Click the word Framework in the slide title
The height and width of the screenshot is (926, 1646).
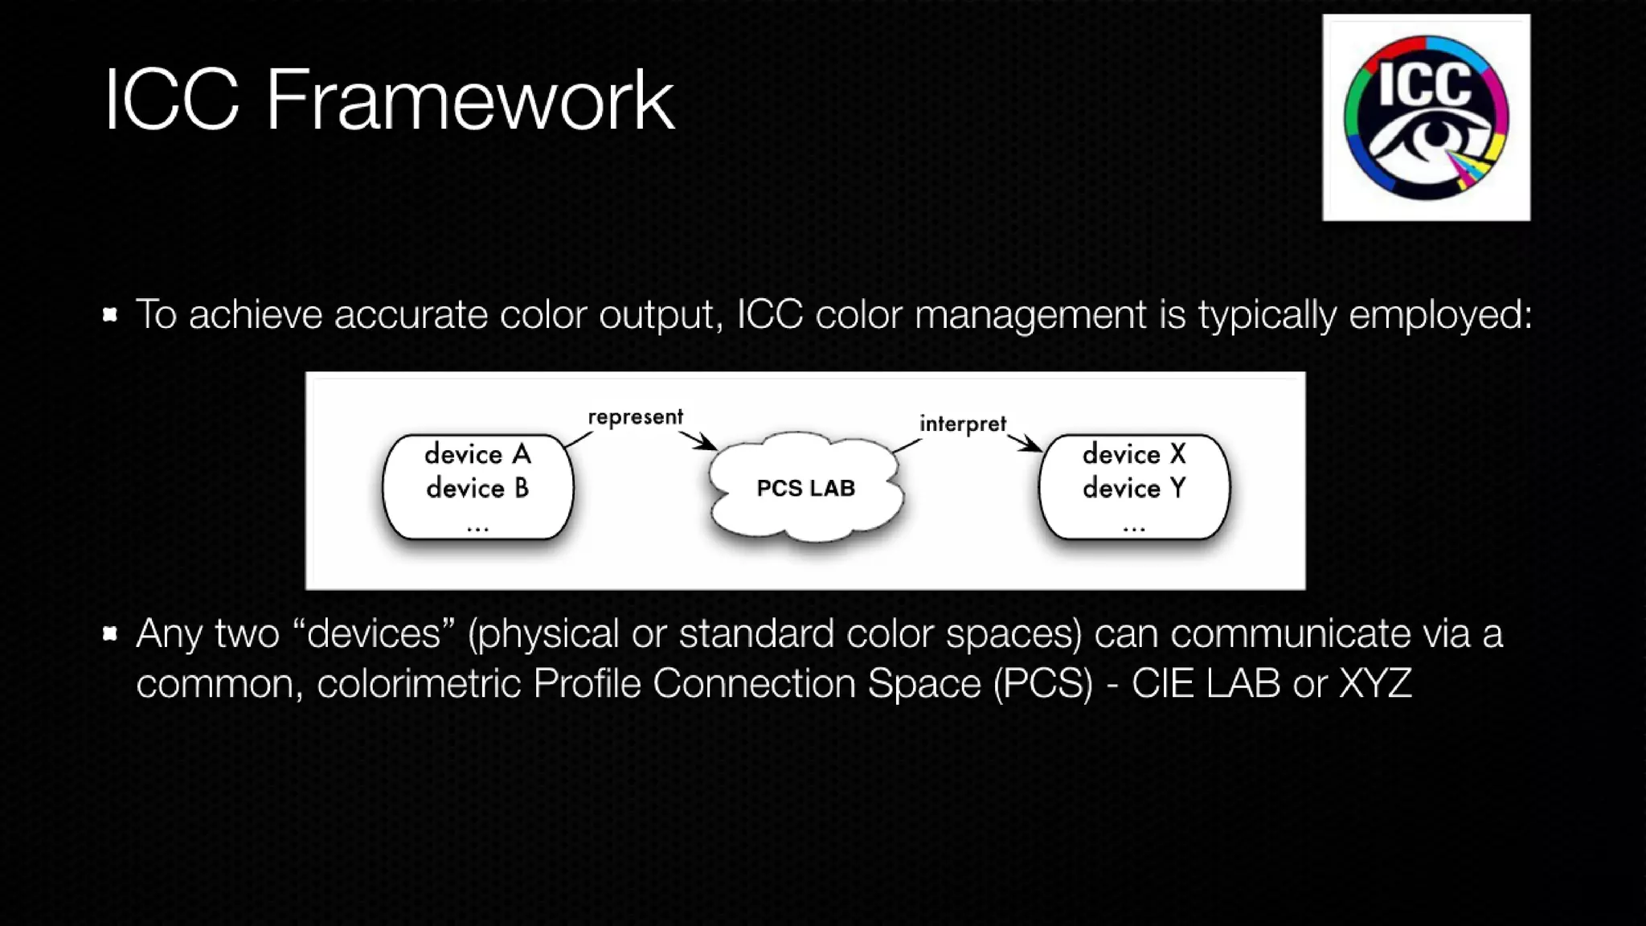pyautogui.click(x=469, y=100)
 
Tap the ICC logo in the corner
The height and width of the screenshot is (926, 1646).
pyautogui.click(x=1426, y=117)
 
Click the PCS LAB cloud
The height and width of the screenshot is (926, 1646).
pyautogui.click(x=805, y=488)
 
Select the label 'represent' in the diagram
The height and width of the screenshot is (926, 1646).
pyautogui.click(x=635, y=417)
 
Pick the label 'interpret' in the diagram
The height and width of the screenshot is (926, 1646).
pyautogui.click(x=962, y=424)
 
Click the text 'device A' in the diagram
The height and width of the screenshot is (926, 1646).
pyautogui.click(x=477, y=455)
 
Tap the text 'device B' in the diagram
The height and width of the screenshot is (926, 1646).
pyautogui.click(x=477, y=489)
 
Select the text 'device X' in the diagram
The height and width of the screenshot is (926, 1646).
pyautogui.click(x=1134, y=455)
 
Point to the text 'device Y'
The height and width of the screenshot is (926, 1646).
pyautogui.click(x=1134, y=489)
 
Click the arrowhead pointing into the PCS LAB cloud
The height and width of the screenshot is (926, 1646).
pyautogui.click(x=708, y=444)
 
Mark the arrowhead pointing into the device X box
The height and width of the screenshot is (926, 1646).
pyautogui.click(x=1034, y=445)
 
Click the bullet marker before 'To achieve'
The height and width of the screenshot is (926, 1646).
pyautogui.click(x=110, y=314)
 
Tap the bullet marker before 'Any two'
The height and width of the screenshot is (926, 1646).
pyautogui.click(x=110, y=634)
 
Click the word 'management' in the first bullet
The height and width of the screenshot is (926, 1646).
pyautogui.click(x=1030, y=314)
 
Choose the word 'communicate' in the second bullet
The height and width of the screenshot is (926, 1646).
pyautogui.click(x=1290, y=634)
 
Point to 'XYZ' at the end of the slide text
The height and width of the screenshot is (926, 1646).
pyautogui.click(x=1375, y=684)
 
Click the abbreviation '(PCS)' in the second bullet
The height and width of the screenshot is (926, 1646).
pyautogui.click(x=1043, y=684)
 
